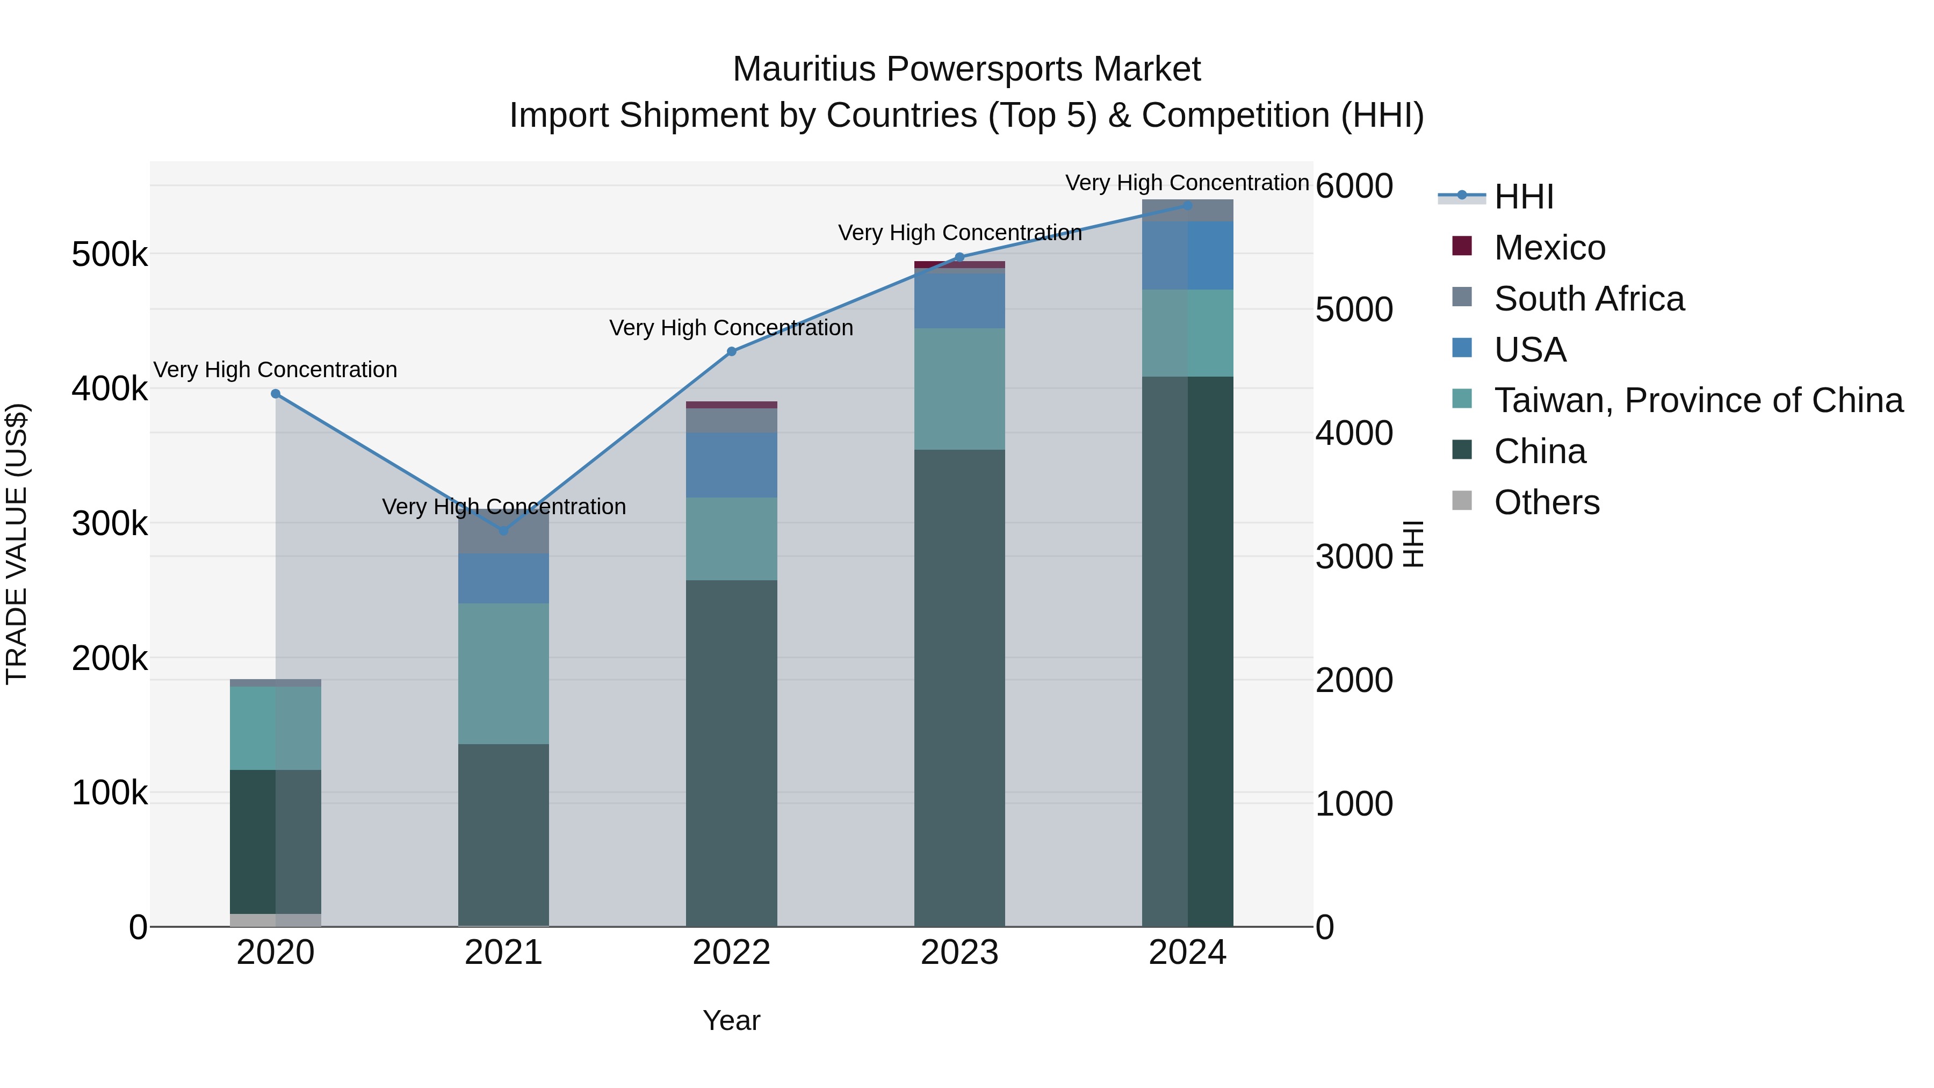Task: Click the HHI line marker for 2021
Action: click(x=504, y=531)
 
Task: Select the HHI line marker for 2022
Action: click(x=732, y=351)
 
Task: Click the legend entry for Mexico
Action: click(x=1549, y=248)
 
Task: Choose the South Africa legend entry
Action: click(x=1589, y=299)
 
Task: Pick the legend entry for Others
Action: click(x=1547, y=502)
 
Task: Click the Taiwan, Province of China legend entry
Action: click(x=1698, y=400)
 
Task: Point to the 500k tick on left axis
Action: click(x=110, y=255)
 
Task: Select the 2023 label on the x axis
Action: click(x=959, y=953)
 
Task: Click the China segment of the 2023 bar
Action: click(x=959, y=687)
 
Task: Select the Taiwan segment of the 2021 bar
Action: click(x=504, y=674)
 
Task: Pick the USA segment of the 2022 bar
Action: click(x=732, y=465)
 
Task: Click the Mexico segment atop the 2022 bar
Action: click(x=732, y=405)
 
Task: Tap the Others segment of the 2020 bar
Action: click(x=276, y=920)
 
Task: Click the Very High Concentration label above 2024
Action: click(x=1187, y=183)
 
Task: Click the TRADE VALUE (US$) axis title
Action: click(x=17, y=544)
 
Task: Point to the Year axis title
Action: click(x=732, y=1020)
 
